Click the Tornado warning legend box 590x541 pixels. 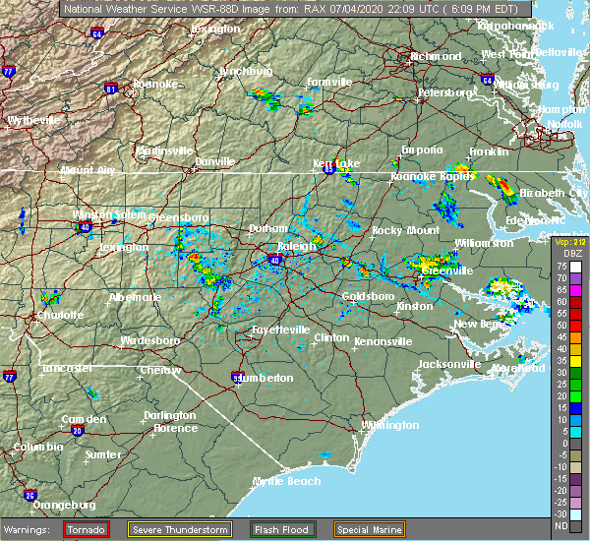point(87,528)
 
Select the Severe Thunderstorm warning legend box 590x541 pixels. point(181,528)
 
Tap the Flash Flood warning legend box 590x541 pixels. point(282,528)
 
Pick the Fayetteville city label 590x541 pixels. point(280,330)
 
